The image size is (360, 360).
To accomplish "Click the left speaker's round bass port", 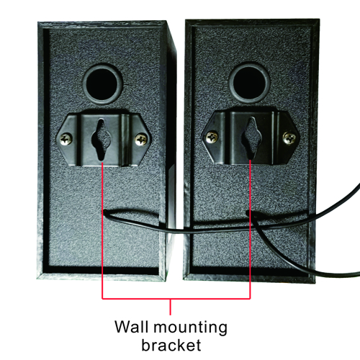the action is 103,84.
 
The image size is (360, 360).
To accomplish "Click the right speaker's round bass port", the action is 249,83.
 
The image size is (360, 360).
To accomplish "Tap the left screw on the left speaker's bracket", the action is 66,139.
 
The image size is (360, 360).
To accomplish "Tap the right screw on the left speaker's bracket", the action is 141,140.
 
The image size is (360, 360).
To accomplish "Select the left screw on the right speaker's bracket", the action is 212,138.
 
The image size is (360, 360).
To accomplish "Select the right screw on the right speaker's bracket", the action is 289,138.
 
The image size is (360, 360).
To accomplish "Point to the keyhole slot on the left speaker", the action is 101,140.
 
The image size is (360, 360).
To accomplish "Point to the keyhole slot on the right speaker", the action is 251,138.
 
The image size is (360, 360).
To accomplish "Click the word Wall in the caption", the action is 131,327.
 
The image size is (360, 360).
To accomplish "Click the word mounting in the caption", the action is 190,328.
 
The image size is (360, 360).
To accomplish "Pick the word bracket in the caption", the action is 171,345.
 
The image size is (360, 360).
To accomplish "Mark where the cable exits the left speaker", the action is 105,212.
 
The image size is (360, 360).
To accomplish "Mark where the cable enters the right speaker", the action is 248,212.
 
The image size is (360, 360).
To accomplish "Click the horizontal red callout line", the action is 176,299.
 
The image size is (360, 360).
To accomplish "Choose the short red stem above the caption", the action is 171,307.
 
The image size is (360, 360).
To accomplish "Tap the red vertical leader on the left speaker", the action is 102,230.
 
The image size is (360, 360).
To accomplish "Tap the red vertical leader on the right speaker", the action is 250,229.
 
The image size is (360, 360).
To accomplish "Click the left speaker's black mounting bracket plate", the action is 104,140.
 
